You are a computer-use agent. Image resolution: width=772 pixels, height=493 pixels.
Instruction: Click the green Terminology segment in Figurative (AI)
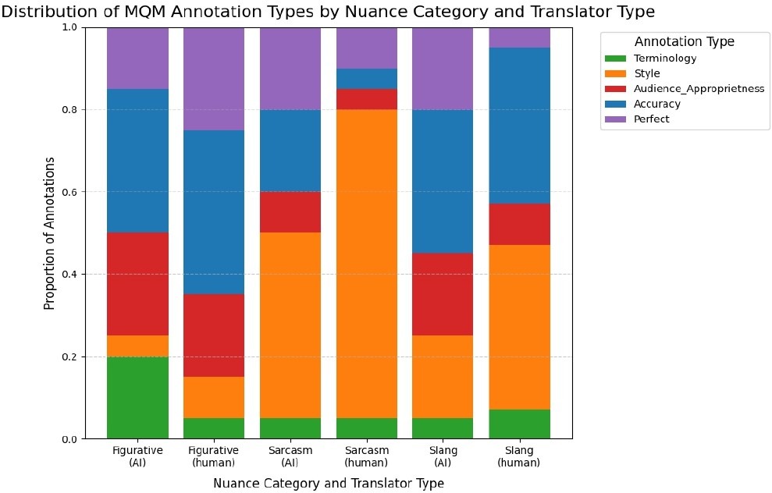tap(137, 398)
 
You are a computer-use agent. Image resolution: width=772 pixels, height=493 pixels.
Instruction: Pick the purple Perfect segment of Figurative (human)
tap(214, 78)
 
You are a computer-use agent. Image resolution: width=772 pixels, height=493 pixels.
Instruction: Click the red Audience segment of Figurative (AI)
tap(137, 284)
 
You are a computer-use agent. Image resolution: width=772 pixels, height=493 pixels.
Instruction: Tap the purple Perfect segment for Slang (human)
tap(519, 37)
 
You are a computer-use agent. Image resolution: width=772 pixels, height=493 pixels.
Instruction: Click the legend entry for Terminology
tap(665, 59)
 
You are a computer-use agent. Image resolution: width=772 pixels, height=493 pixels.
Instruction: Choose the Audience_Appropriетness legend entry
tap(699, 89)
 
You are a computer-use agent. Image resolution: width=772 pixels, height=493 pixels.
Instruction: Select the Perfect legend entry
tap(652, 119)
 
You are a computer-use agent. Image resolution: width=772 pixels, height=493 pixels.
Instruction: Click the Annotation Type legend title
tap(684, 41)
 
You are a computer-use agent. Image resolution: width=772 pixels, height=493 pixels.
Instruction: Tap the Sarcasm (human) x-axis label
tap(367, 456)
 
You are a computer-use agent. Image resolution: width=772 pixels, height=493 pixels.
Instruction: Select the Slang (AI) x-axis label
tap(443, 456)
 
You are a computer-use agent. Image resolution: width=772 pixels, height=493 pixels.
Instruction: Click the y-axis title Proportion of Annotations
tap(50, 233)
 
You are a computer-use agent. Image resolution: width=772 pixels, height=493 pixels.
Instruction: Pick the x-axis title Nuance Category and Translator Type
tap(329, 484)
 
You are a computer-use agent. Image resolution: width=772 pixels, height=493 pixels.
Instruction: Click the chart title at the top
tap(328, 12)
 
